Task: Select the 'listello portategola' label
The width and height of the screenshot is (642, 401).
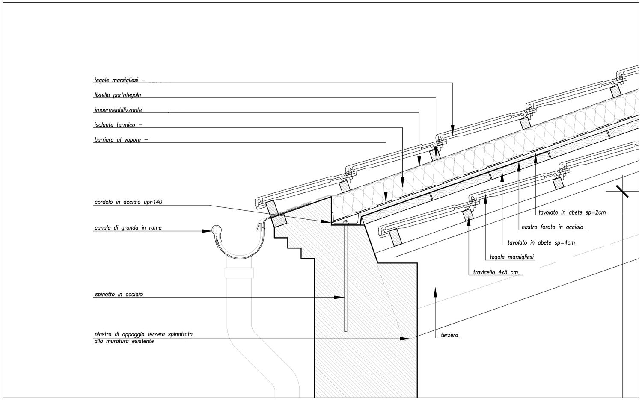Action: click(117, 95)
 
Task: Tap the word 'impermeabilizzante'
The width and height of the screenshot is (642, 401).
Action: click(118, 110)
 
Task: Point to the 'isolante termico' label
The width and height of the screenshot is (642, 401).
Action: click(115, 125)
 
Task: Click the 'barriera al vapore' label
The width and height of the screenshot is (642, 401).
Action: click(118, 140)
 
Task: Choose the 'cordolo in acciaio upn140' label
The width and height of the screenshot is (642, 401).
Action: click(128, 202)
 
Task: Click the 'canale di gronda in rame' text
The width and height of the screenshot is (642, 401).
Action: click(128, 228)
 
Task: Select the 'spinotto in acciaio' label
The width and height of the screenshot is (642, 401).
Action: click(118, 295)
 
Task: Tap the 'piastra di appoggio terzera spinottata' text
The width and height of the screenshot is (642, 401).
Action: click(143, 334)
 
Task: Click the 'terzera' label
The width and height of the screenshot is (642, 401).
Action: click(450, 336)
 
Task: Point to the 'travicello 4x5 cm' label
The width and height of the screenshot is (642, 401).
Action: click(495, 272)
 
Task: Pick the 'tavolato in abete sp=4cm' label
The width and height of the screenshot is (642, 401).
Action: click(541, 242)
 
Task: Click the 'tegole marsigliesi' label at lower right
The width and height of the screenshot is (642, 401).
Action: click(512, 257)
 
